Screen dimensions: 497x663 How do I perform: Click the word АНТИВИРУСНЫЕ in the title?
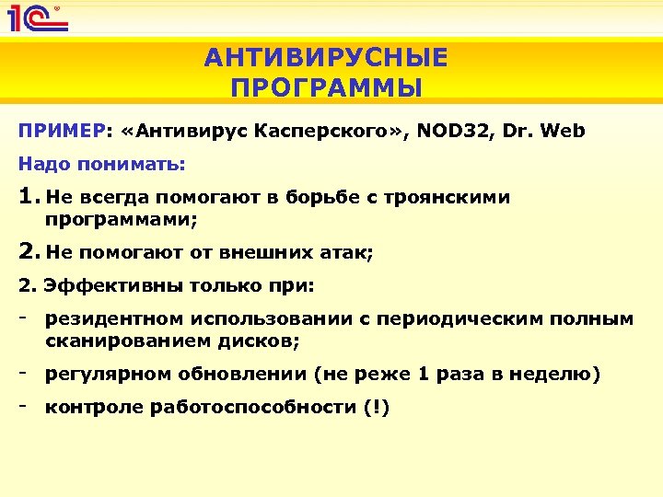326,58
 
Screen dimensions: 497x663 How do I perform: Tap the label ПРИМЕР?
61,131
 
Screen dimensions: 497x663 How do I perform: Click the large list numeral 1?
26,196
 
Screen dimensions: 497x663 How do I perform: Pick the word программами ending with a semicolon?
122,220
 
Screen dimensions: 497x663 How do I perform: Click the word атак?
350,253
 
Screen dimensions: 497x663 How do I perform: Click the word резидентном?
116,319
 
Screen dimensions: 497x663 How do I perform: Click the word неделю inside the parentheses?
560,374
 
